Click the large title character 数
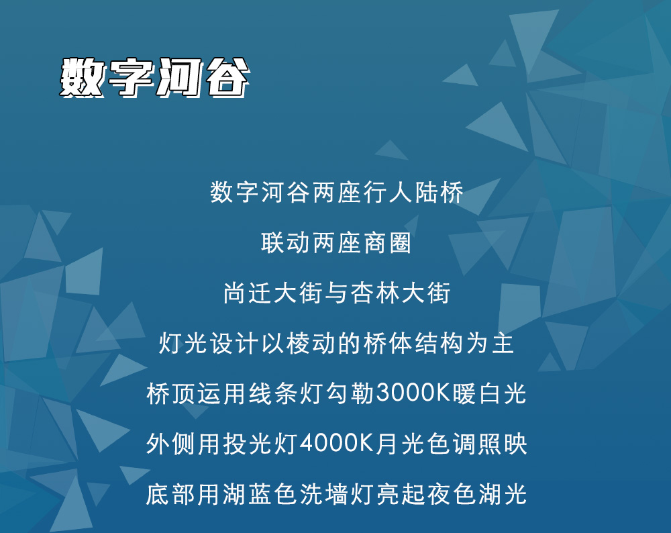pyautogui.click(x=81, y=77)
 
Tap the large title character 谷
pyautogui.click(x=227, y=77)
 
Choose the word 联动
pyautogui.click(x=285, y=243)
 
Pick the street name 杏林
pyautogui.click(x=375, y=293)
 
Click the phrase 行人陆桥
pyautogui.click(x=413, y=192)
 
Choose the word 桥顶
pyautogui.click(x=170, y=393)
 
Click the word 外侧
pyautogui.click(x=170, y=444)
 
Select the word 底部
pyautogui.click(x=170, y=494)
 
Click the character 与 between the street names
pyautogui.click(x=337, y=293)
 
